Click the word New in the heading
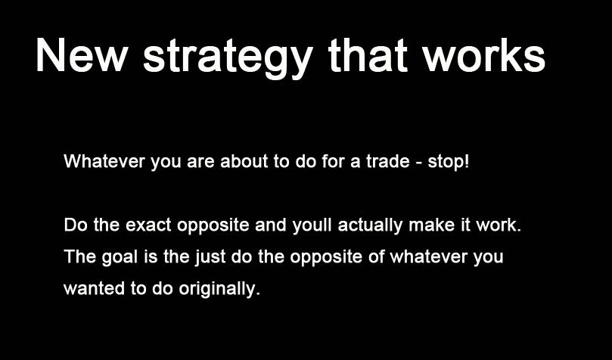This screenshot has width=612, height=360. click(x=81, y=55)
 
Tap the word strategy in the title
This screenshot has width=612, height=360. click(x=228, y=58)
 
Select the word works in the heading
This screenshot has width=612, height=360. click(x=484, y=55)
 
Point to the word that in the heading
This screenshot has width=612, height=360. click(x=368, y=55)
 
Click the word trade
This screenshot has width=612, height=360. click(x=388, y=161)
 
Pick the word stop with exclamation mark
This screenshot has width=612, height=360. click(x=448, y=162)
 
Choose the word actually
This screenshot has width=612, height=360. click(x=371, y=226)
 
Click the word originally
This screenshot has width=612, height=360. click(x=219, y=290)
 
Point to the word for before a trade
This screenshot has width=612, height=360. click(x=334, y=161)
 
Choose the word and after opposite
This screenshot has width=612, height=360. click(x=271, y=225)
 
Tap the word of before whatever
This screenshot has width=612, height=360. click(x=377, y=256)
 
